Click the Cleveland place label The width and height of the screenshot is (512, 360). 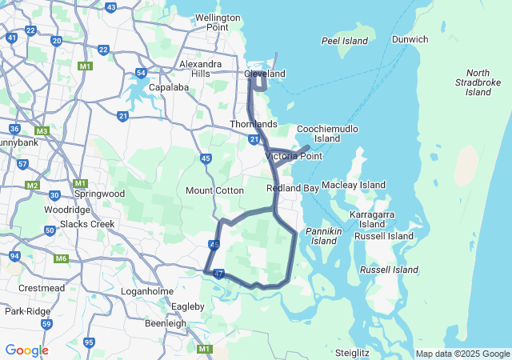tap(264, 74)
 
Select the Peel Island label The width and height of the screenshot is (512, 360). tap(344, 41)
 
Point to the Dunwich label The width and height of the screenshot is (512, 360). tap(410, 39)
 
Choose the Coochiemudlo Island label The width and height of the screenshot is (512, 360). tap(327, 133)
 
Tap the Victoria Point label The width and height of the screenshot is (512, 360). tap(293, 156)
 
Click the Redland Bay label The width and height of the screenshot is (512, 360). tap(293, 187)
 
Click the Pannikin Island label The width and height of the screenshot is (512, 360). tap(324, 236)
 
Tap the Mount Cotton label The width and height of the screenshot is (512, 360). tap(214, 190)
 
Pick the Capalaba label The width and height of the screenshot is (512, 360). tap(168, 87)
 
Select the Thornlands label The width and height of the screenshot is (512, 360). tap(253, 124)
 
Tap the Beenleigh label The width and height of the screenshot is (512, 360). tap(166, 323)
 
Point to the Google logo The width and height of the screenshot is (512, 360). tap(26, 350)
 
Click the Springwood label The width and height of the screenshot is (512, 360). tap(99, 194)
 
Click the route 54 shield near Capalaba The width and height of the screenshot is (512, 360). tap(141, 73)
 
